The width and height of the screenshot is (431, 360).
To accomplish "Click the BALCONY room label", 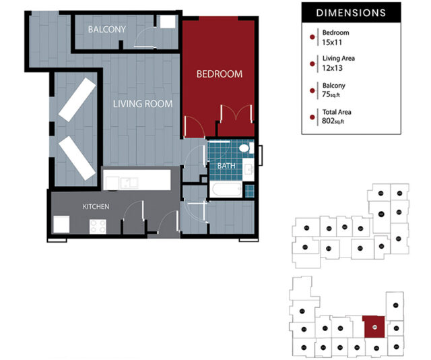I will [x=107, y=29].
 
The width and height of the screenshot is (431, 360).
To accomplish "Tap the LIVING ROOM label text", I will [x=142, y=104].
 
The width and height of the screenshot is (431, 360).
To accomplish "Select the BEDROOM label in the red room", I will [x=219, y=73].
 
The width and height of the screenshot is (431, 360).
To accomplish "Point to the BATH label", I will [x=226, y=165].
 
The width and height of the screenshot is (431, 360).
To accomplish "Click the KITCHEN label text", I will [x=96, y=206].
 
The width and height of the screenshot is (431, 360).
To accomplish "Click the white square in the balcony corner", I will [x=168, y=21].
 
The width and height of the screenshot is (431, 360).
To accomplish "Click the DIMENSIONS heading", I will [x=351, y=12].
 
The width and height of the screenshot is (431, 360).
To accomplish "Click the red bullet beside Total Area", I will [x=311, y=117].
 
